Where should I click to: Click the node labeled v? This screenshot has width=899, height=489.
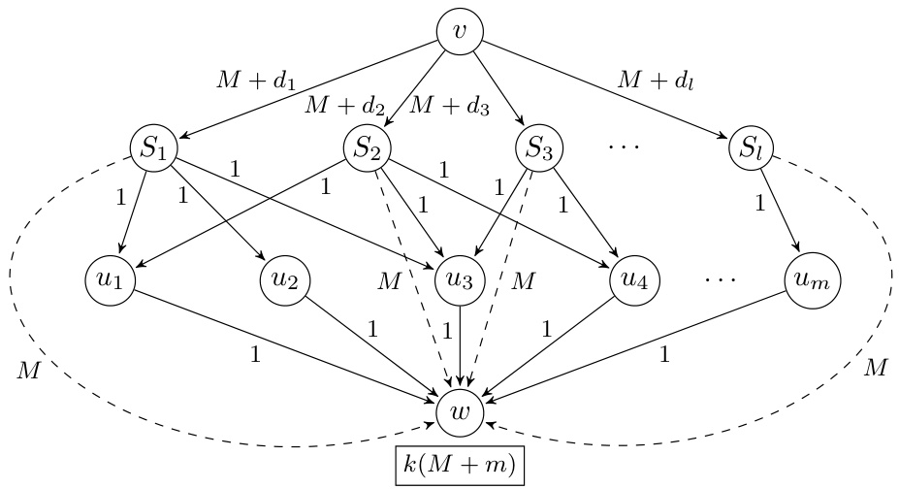[461, 32]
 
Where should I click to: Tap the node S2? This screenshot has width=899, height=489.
[368, 150]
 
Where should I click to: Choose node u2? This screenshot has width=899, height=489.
[284, 281]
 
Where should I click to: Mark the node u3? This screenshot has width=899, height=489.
[461, 281]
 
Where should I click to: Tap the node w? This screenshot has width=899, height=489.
[461, 412]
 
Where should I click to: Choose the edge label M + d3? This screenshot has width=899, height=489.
[449, 104]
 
